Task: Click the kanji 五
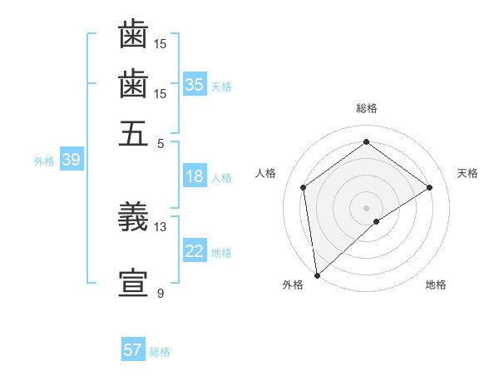(x=133, y=134)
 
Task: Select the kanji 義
(x=133, y=217)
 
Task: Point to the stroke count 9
(x=160, y=293)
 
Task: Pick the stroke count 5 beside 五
(x=160, y=142)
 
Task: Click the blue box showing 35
(x=195, y=85)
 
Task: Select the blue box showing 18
(x=195, y=176)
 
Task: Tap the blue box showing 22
(x=195, y=251)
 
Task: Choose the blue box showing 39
(x=71, y=160)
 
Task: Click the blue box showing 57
(x=133, y=350)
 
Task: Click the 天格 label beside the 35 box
(x=221, y=87)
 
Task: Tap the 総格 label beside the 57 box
(x=160, y=352)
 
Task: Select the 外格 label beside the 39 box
(x=44, y=161)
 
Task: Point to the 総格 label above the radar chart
(x=366, y=108)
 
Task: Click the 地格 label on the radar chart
(x=436, y=285)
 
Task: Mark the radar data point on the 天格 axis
(x=430, y=187)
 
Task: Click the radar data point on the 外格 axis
(x=317, y=275)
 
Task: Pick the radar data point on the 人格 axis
(x=304, y=187)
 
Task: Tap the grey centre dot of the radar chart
(x=366, y=206)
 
